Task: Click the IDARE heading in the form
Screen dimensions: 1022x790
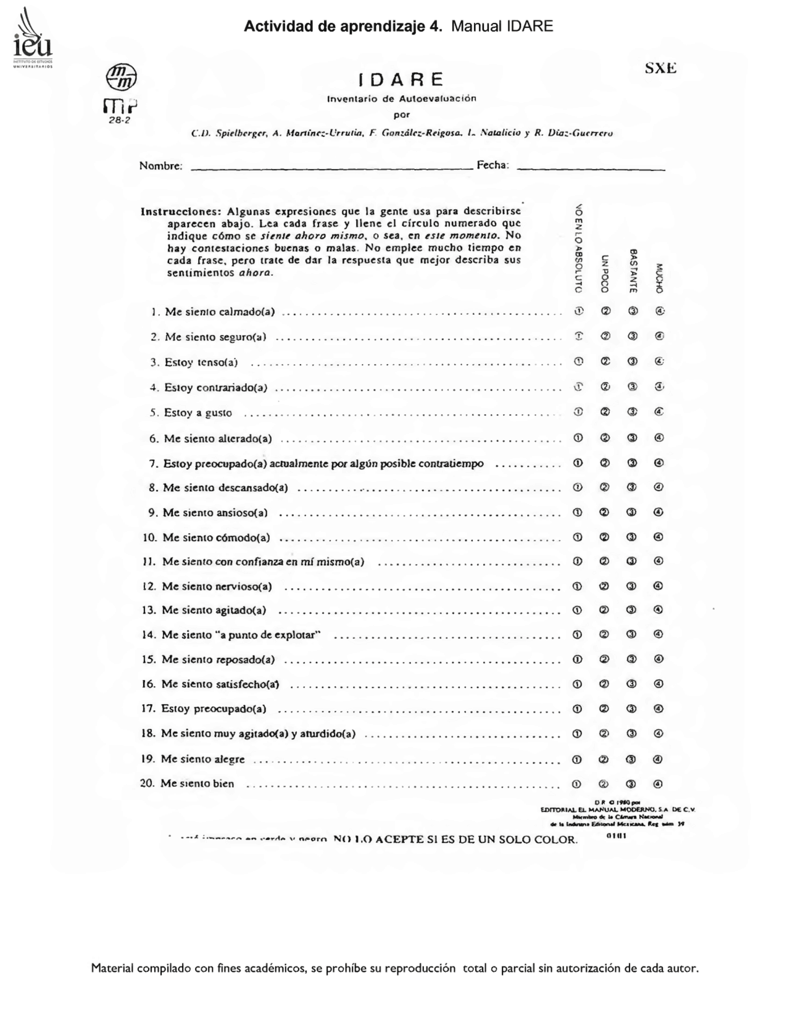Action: point(401,80)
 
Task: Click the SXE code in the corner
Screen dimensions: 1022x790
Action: point(660,69)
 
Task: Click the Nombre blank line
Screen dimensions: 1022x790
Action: point(332,167)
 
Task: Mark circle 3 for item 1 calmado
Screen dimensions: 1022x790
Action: point(632,311)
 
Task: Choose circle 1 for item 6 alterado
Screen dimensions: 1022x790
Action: point(578,438)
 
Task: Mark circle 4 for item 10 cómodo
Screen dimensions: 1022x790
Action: point(659,537)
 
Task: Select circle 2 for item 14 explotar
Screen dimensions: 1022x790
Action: point(605,634)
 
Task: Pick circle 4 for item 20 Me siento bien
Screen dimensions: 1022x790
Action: point(658,784)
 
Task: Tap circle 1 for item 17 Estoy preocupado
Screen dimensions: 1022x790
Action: point(578,709)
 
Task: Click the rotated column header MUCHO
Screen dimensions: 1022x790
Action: point(659,278)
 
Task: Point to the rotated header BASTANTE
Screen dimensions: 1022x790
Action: point(633,270)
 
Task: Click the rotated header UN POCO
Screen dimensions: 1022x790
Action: point(605,273)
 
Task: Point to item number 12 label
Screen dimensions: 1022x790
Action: point(150,586)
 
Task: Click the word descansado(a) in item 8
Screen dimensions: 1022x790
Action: point(253,488)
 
